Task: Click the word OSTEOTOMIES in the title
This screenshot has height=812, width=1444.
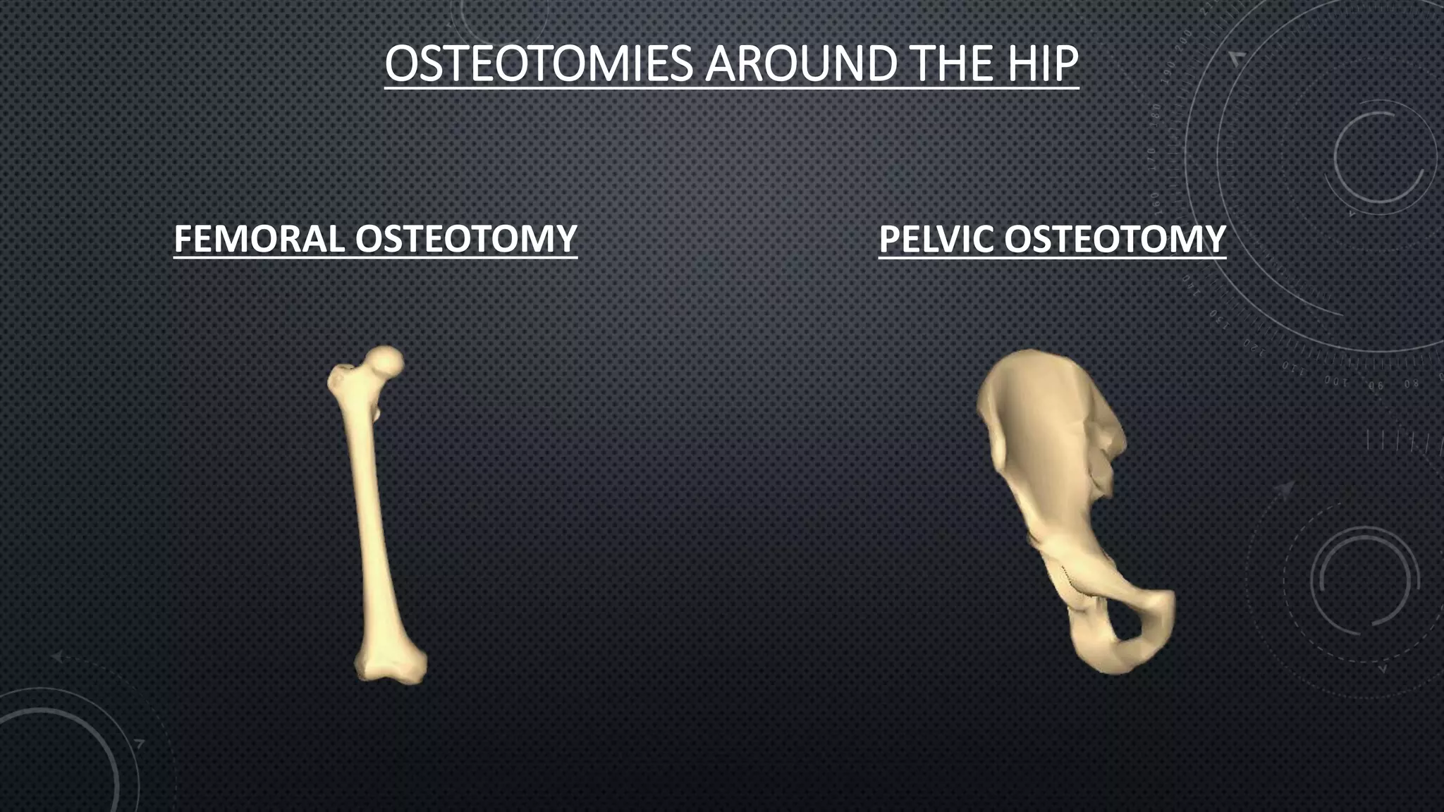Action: tap(539, 64)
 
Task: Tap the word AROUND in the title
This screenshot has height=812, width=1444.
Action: tap(800, 64)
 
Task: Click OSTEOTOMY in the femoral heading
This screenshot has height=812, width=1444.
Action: tap(466, 239)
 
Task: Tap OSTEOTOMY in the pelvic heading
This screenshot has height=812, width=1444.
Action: tap(1115, 239)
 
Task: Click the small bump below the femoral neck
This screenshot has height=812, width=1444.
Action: tap(377, 412)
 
